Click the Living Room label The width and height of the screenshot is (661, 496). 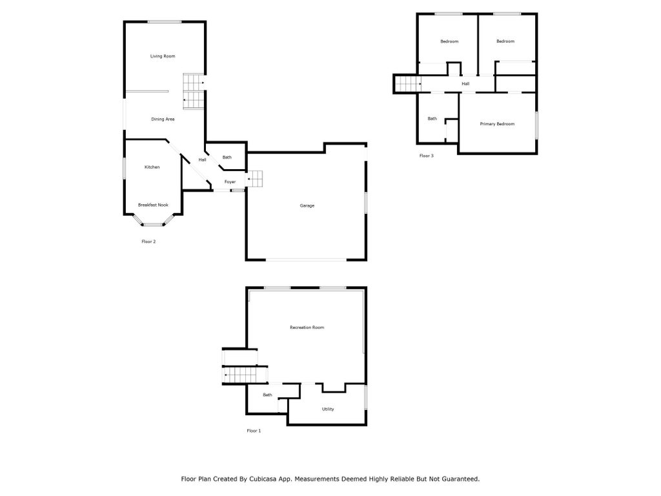(x=163, y=56)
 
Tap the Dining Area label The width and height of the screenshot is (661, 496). (x=163, y=119)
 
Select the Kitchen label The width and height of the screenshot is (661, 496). (x=152, y=167)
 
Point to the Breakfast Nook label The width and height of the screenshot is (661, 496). (x=153, y=205)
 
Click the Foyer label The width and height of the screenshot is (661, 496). (x=230, y=181)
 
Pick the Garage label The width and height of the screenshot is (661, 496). (x=307, y=206)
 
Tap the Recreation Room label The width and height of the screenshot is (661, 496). (x=307, y=327)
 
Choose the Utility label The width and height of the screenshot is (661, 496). (x=327, y=409)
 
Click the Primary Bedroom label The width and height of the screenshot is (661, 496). (x=497, y=124)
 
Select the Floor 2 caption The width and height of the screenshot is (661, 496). (x=148, y=242)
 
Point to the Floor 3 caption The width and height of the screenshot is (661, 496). (x=426, y=156)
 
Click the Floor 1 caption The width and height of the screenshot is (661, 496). (x=254, y=431)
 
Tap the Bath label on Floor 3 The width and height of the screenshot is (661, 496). (x=432, y=119)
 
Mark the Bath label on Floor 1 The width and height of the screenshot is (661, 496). (x=267, y=395)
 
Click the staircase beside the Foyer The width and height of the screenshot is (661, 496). (x=254, y=180)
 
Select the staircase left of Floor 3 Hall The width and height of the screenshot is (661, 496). (x=408, y=83)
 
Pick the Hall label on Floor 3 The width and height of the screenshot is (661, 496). (x=465, y=83)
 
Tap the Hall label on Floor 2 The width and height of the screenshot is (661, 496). (x=202, y=160)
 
